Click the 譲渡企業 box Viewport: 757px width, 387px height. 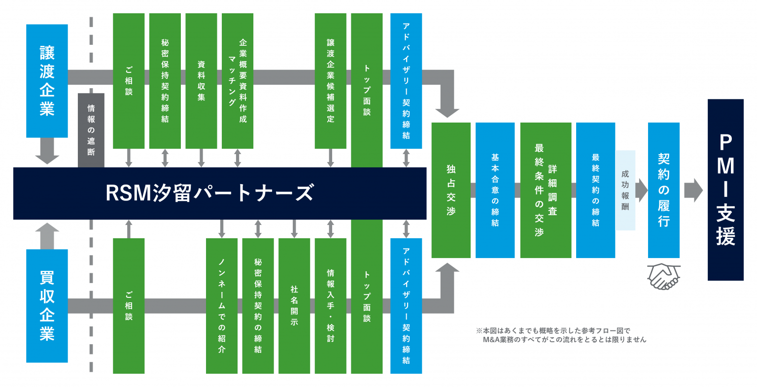point(47,81)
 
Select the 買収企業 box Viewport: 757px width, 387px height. point(47,306)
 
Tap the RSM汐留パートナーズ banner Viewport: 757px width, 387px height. point(219,193)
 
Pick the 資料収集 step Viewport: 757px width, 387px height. point(201,81)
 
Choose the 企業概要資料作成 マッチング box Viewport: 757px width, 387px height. point(238,81)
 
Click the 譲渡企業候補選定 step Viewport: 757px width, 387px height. point(330,81)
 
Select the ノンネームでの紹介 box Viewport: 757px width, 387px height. point(221,306)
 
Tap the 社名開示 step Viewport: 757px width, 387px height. point(294,306)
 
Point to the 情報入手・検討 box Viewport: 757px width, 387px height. point(330,306)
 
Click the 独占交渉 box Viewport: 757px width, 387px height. point(451,190)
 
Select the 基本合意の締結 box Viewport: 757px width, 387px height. point(495,190)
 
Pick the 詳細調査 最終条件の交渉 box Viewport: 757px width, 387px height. point(546,190)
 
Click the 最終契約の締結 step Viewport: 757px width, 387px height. point(595,190)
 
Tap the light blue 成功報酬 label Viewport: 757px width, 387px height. point(625,190)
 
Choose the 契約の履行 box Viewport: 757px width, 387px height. point(663,190)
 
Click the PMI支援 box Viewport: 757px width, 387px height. point(725,190)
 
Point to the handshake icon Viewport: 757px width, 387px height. point(663,276)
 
